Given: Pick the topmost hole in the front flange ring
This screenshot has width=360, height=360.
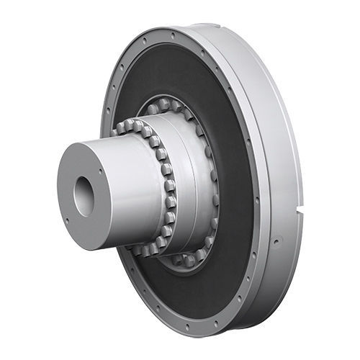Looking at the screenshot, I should point(172,33).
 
